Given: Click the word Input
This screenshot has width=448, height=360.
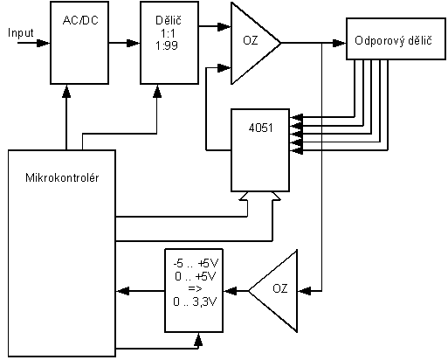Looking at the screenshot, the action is [x=21, y=33].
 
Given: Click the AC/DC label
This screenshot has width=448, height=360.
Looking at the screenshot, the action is [x=80, y=20].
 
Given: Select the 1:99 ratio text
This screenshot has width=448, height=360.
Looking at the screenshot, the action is [x=167, y=45].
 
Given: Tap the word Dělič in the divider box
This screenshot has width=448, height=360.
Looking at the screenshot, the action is [x=169, y=20].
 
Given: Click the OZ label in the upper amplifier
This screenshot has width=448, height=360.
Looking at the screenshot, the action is [x=251, y=40].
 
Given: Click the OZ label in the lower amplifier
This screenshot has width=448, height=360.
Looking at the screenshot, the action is [x=280, y=288].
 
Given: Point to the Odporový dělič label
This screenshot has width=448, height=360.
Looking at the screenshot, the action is [x=393, y=40].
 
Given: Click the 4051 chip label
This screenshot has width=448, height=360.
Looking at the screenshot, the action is [x=260, y=128].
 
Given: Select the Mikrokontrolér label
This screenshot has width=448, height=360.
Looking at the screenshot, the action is [x=62, y=177].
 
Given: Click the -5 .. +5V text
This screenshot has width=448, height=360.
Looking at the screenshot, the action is [x=196, y=264].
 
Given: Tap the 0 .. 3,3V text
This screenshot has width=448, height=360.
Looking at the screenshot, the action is [x=195, y=301].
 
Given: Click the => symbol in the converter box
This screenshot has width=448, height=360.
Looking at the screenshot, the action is [x=195, y=288].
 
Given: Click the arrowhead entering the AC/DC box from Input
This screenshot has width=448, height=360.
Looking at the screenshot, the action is [x=44, y=43].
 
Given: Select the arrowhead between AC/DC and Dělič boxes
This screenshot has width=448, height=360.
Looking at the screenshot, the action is [x=134, y=43].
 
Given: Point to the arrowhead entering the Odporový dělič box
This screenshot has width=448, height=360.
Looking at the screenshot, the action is [x=340, y=43].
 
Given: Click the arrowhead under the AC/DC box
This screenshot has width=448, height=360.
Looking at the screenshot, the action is [x=66, y=91].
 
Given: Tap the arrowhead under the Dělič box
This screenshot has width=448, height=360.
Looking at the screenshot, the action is [x=157, y=91].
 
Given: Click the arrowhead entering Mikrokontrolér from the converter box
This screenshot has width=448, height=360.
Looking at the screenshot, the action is [x=122, y=291].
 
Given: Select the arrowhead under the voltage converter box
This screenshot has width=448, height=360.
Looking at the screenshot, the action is [x=198, y=339].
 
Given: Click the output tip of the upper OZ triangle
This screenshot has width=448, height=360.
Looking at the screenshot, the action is [x=281, y=43].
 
